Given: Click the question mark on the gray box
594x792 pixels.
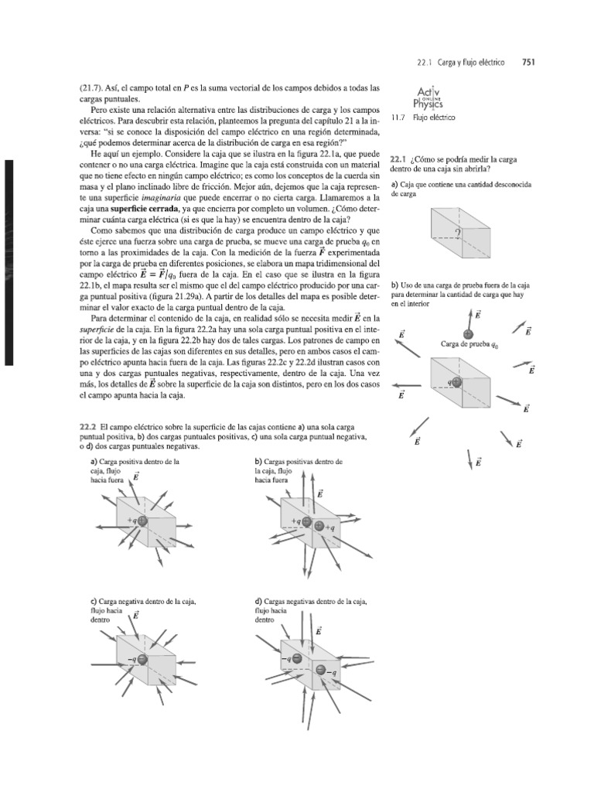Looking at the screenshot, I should point(459,230).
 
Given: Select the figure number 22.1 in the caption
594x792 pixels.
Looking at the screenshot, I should point(399,159).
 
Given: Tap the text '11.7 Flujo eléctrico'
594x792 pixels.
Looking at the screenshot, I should point(424,118).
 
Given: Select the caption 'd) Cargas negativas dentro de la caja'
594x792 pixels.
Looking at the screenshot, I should point(310,601).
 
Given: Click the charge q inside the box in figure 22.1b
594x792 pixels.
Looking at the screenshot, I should point(457,381).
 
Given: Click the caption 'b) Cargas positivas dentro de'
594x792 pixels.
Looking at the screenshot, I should point(299,462).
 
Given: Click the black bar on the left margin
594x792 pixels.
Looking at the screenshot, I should point(9,262).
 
